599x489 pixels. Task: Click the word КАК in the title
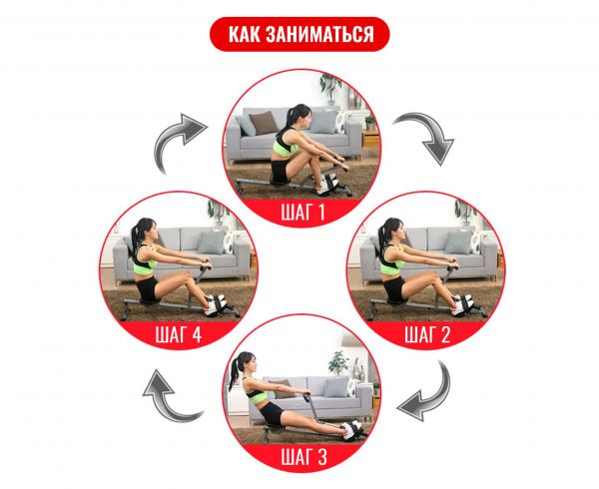tap(244, 34)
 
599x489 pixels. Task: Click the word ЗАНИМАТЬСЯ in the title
tap(319, 34)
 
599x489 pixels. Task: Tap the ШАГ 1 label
tap(302, 212)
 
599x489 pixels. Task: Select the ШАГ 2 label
tap(427, 334)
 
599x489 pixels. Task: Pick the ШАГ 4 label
tap(178, 334)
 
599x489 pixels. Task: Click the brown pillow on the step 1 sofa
tap(264, 123)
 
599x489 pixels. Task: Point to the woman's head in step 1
tap(299, 116)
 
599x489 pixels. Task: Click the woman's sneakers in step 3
tap(351, 430)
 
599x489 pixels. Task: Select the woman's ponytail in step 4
tap(135, 240)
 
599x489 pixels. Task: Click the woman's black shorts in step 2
tap(394, 288)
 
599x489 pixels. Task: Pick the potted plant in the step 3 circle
tap(338, 362)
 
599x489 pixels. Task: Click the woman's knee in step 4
tap(188, 274)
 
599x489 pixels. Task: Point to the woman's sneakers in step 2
tap(462, 304)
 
